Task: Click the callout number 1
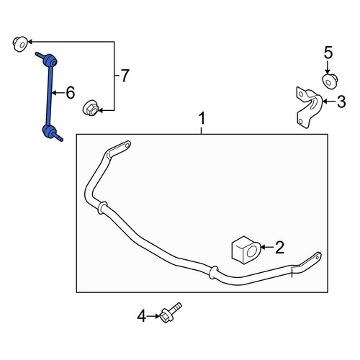coord(202,119)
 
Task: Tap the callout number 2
coord(279,247)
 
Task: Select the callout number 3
coord(341,102)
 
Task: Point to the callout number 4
coord(141,316)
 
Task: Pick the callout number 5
coord(328,53)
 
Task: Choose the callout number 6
coord(71,93)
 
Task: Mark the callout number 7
coord(125,76)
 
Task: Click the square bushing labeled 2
coord(246,250)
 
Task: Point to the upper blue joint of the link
coord(50,60)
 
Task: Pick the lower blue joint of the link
coord(49,131)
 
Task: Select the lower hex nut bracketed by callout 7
coord(90,108)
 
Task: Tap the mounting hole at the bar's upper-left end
coord(127,145)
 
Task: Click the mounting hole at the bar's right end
coord(318,257)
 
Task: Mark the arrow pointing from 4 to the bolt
coord(153,316)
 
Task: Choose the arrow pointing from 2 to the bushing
coord(266,247)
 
